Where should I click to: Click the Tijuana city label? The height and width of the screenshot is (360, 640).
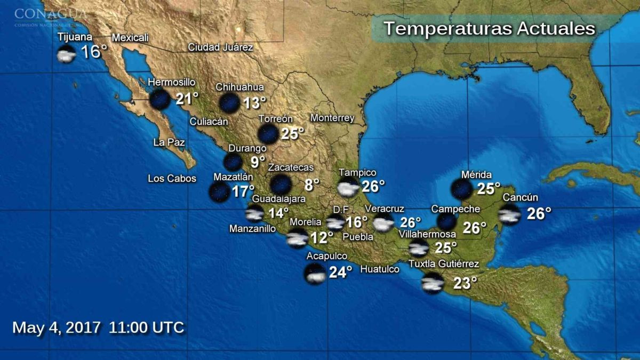[75, 37]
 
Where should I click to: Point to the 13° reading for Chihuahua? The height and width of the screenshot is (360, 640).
[254, 103]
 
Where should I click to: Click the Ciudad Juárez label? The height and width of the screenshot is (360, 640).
[220, 47]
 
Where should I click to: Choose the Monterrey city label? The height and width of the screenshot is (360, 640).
[332, 118]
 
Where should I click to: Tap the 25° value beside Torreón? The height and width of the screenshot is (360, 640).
[292, 133]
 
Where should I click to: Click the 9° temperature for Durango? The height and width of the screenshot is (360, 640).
[258, 160]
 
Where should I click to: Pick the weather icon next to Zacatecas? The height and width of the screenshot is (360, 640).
[281, 185]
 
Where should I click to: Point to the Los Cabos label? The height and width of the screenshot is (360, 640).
[172, 179]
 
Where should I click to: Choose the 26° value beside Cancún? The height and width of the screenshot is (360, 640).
[539, 214]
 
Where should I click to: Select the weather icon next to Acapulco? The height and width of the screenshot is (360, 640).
[315, 274]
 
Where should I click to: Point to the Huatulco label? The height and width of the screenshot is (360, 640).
[380, 269]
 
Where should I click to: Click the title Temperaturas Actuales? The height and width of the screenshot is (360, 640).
[489, 28]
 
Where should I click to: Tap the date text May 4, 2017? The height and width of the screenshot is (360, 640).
[56, 327]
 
